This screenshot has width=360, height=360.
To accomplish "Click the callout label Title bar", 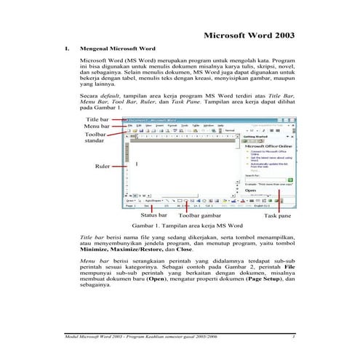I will (x=97, y=118).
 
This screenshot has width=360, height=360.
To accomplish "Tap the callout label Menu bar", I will (x=97, y=127).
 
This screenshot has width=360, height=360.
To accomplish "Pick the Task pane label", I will (x=277, y=216).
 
